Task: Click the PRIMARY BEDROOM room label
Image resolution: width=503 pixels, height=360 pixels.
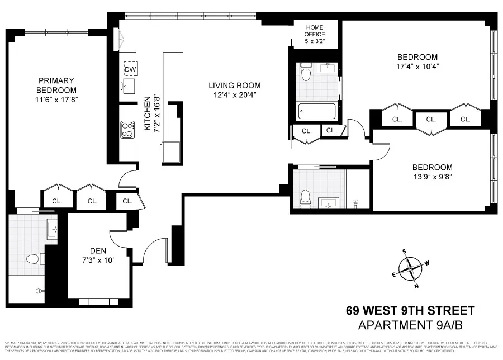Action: (x=56, y=86)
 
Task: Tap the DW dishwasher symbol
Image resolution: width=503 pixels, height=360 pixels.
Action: (x=130, y=69)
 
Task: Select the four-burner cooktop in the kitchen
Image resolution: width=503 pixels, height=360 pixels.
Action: (x=127, y=130)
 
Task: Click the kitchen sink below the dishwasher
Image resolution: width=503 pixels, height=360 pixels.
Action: (x=128, y=87)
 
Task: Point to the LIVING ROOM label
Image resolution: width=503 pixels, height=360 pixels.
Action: (x=235, y=86)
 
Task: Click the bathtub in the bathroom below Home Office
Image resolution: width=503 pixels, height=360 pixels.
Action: (x=317, y=111)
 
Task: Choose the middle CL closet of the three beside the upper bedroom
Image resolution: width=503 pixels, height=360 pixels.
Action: (x=430, y=119)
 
